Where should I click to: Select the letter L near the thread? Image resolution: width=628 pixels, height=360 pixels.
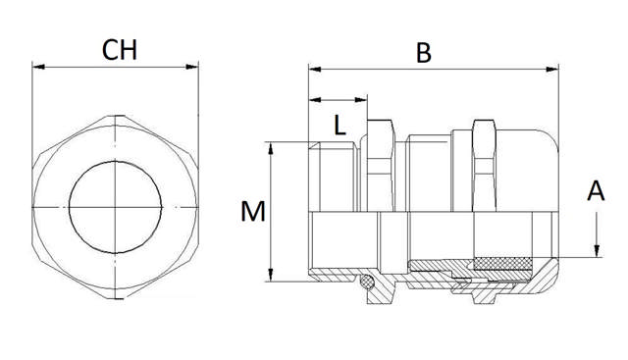338,126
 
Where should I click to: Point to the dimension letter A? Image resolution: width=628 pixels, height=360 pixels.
595,191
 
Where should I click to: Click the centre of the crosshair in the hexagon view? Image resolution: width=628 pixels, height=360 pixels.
116,207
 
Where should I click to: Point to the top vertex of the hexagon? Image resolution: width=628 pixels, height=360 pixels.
116,116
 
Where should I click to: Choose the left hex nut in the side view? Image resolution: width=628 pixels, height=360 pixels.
380,167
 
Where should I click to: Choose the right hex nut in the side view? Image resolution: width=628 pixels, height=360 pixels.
484,167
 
